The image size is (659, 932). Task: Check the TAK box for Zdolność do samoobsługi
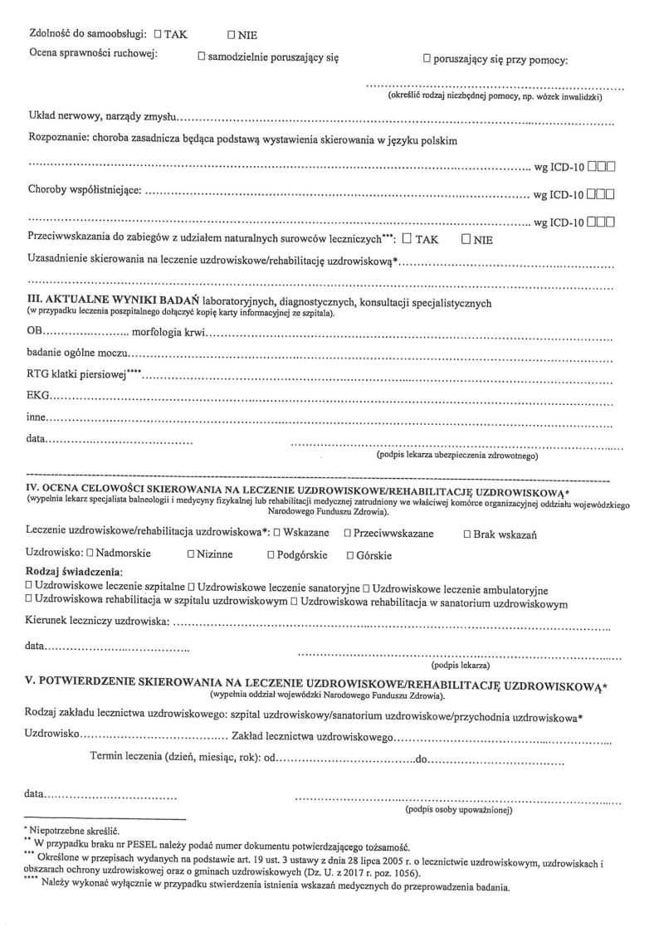pyautogui.click(x=159, y=34)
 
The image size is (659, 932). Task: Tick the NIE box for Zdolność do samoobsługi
pyautogui.click(x=232, y=35)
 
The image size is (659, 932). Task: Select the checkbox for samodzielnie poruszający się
pyautogui.click(x=202, y=57)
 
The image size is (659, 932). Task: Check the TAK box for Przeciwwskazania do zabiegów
pyautogui.click(x=407, y=239)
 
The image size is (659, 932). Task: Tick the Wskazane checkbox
pyautogui.click(x=277, y=532)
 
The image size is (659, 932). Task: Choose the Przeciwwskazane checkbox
pyautogui.click(x=347, y=532)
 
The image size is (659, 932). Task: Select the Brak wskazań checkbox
pyautogui.click(x=467, y=534)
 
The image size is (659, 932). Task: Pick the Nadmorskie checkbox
pyautogui.click(x=90, y=554)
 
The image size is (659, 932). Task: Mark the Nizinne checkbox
pyautogui.click(x=191, y=554)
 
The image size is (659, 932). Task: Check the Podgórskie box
pyautogui.click(x=271, y=554)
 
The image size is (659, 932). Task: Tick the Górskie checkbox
pyautogui.click(x=350, y=554)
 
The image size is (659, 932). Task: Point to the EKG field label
pyautogui.click(x=38, y=395)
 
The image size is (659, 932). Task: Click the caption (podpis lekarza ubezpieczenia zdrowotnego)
pyautogui.click(x=458, y=456)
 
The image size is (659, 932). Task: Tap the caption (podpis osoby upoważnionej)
pyautogui.click(x=458, y=809)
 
